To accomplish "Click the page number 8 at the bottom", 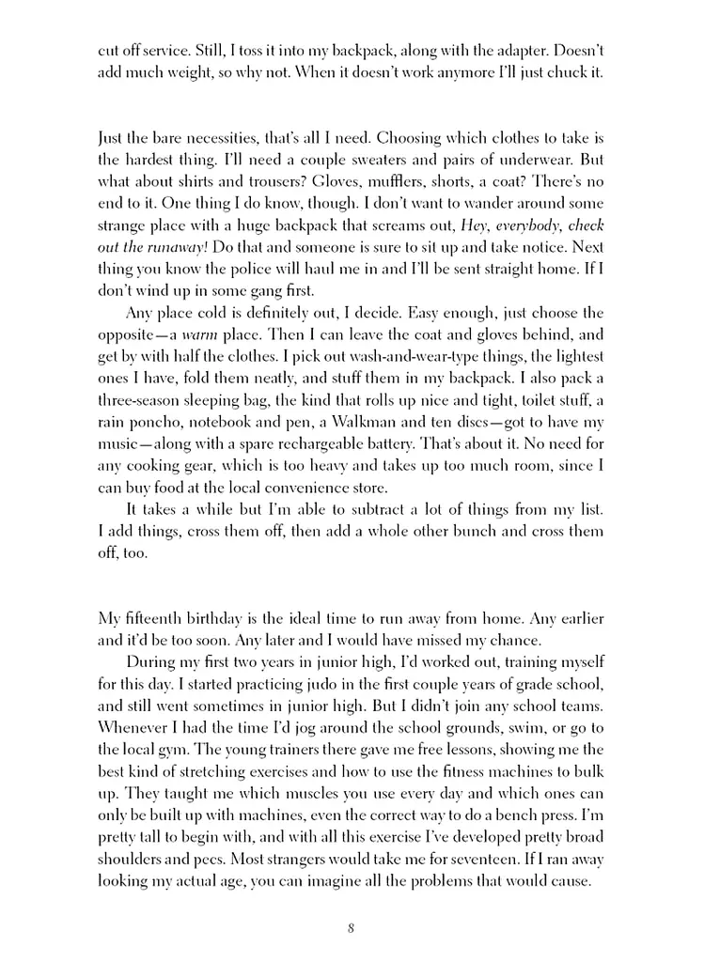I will tap(351, 930).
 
